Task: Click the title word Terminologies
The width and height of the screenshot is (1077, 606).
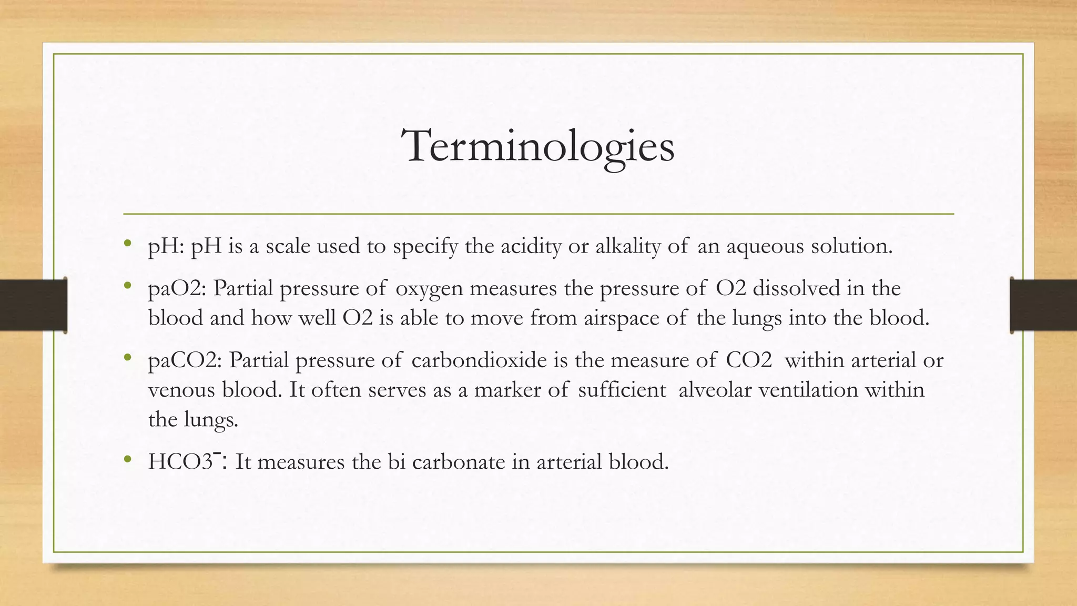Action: click(537, 146)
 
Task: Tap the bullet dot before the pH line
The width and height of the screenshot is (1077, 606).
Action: click(127, 243)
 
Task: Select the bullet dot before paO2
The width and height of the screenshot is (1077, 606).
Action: click(127, 286)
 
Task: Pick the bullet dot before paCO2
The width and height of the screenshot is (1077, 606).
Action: click(127, 358)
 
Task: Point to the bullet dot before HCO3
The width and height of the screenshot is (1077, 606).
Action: click(127, 459)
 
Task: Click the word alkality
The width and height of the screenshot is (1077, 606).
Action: click(627, 246)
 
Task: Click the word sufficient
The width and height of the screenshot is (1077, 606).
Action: click(622, 390)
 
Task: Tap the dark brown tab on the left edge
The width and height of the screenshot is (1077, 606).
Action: click(33, 305)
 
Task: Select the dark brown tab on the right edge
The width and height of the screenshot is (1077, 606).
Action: click(1043, 305)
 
